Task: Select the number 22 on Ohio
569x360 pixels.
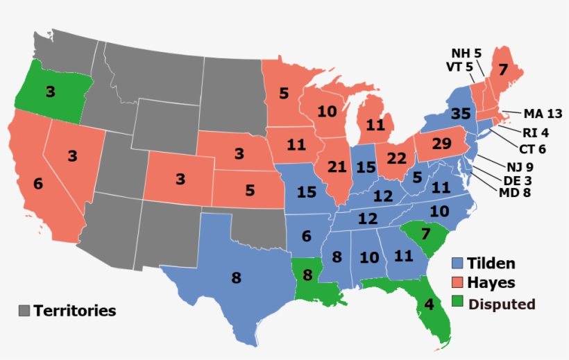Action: point(395,159)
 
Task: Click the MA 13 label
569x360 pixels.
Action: point(543,114)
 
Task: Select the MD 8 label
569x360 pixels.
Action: point(515,192)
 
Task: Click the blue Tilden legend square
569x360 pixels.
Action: point(458,264)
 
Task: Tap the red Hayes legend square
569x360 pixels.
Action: point(458,283)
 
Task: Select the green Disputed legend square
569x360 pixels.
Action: point(458,303)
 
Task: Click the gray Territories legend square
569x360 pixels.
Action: point(25,310)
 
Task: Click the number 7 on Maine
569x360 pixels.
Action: point(503,69)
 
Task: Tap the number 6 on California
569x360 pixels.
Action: point(37,185)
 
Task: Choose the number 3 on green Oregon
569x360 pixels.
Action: point(51,92)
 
